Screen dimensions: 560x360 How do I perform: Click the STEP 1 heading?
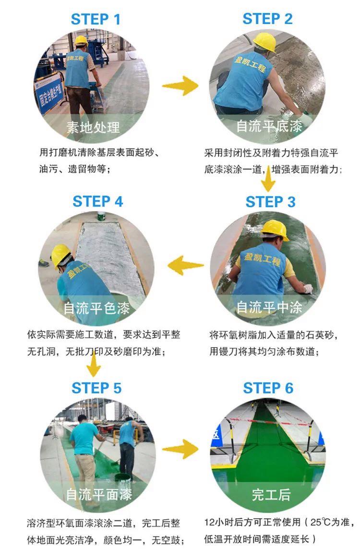[x=96, y=20]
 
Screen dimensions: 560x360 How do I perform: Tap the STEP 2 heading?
[x=267, y=19]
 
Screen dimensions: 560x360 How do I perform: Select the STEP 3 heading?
[x=270, y=202]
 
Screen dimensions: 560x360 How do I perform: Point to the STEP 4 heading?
[x=98, y=202]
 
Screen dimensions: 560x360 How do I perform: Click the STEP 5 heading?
[x=96, y=388]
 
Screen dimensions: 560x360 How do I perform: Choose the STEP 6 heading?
[x=268, y=388]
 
